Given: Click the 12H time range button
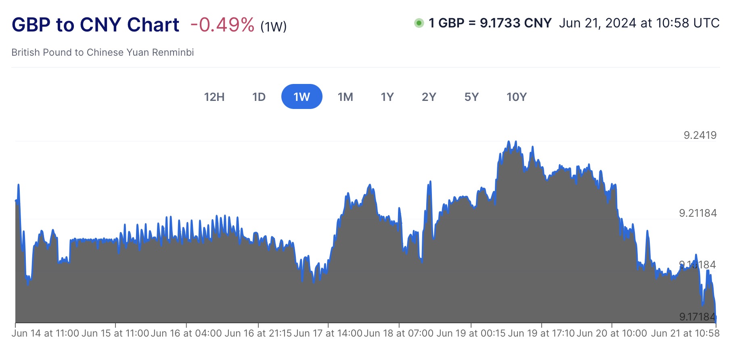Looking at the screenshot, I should point(214,97).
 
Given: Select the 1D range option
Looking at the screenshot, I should point(259,97).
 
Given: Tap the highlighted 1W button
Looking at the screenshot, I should point(302,97).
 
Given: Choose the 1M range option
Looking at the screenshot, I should point(345,97).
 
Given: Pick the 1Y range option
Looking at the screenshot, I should point(387,97).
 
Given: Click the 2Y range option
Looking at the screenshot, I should point(429,97).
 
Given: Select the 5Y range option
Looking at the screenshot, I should point(471,97).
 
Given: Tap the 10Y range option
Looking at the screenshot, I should point(517,97).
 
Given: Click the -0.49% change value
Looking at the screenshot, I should point(222,25).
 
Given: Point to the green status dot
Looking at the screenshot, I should point(419,23).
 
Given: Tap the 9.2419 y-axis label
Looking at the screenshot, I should point(700,135).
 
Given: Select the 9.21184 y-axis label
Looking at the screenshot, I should point(698,213).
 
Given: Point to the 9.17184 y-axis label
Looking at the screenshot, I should point(697,317).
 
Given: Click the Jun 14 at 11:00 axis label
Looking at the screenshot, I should point(45,333).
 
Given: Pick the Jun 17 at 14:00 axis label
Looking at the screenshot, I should point(328,333).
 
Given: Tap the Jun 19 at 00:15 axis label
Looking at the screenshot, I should point(471,333).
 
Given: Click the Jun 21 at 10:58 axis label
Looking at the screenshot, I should point(685,333).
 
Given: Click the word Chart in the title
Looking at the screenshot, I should point(153,25).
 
